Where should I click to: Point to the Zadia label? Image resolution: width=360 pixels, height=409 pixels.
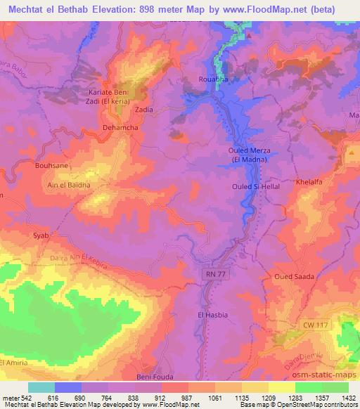pos(143,110)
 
